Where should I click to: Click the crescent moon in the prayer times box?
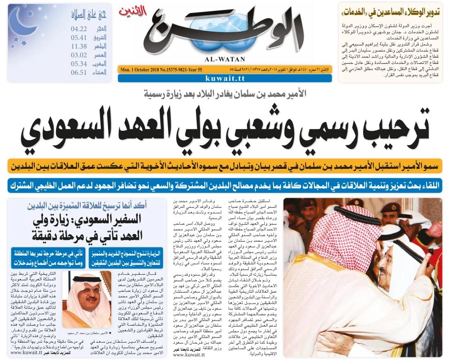tap(21, 22)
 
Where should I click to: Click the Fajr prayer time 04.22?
tap(79, 28)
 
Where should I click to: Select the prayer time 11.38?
tap(79, 46)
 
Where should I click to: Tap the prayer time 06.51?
tap(79, 72)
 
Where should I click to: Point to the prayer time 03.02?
tap(79, 55)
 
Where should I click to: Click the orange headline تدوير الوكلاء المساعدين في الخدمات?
tap(390, 12)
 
